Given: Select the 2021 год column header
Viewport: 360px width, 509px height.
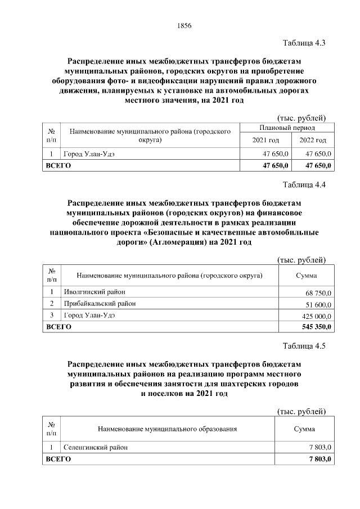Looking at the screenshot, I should pyautogui.click(x=265, y=140).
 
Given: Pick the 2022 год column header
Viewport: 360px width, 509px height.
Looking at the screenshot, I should pyautogui.click(x=313, y=140).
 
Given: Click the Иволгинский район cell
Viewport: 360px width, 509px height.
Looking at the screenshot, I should pyautogui.click(x=94, y=292).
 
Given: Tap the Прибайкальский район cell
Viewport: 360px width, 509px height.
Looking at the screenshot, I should pyautogui.click(x=100, y=304).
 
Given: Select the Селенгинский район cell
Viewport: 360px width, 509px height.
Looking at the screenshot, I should pyautogui.click(x=96, y=447).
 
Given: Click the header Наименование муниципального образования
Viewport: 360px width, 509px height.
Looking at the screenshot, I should pyautogui.click(x=167, y=429).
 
